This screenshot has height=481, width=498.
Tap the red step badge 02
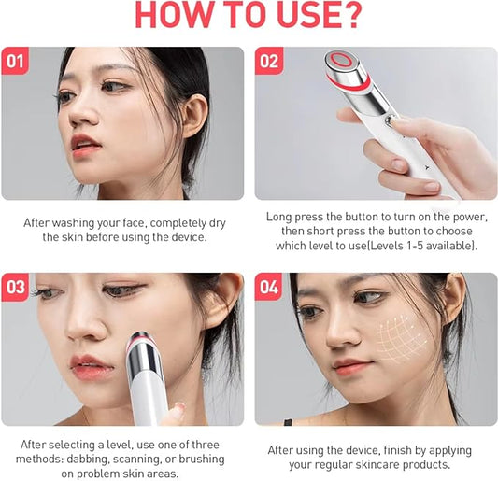tap(269, 62)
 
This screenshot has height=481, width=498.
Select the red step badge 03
tap(16, 288)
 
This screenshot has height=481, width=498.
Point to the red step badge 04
tap(269, 288)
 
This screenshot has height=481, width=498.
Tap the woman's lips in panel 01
tap(87, 145)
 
